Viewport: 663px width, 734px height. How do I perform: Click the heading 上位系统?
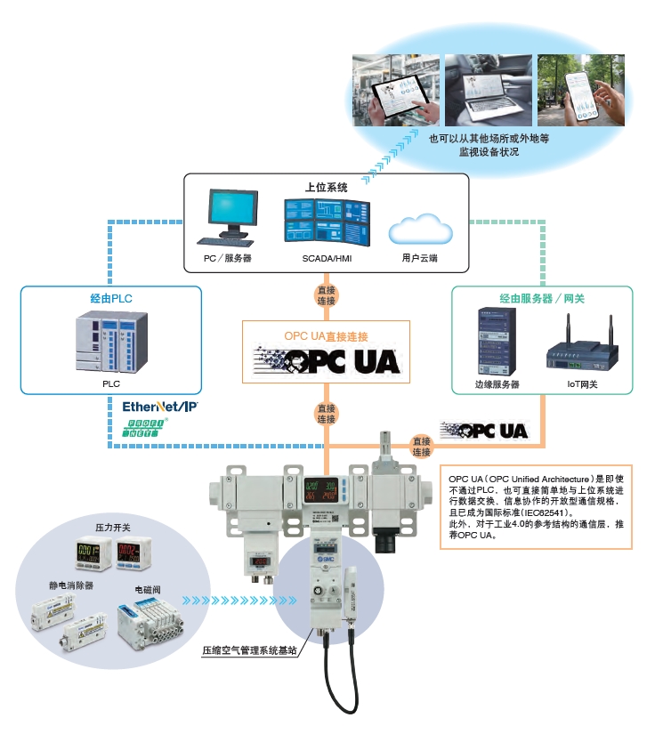pos(326,187)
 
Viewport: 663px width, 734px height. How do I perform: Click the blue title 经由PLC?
pos(110,298)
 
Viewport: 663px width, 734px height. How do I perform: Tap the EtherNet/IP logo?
pos(160,407)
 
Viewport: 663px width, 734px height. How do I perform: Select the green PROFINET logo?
pos(145,427)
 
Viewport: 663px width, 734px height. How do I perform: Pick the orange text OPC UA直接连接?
pos(326,336)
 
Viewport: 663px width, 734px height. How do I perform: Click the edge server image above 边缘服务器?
pos(496,340)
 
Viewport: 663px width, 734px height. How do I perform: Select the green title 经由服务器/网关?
pos(541,298)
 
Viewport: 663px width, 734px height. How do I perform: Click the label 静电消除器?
pos(71,586)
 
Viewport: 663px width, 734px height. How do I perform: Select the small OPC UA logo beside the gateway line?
pos(484,432)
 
